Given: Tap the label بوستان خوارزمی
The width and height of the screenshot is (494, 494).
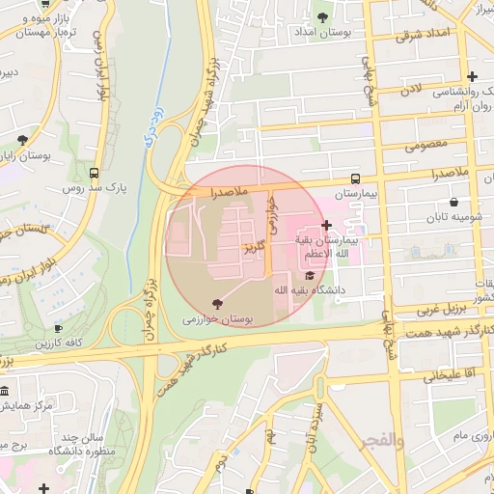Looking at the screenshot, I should (x=217, y=318).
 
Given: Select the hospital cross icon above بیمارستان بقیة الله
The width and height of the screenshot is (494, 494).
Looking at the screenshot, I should (x=326, y=225).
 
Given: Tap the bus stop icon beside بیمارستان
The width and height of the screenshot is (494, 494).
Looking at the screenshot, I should (x=356, y=179).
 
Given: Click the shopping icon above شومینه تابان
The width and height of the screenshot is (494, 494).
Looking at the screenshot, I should (x=453, y=203).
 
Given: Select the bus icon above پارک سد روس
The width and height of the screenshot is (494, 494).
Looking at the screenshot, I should (x=94, y=174).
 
